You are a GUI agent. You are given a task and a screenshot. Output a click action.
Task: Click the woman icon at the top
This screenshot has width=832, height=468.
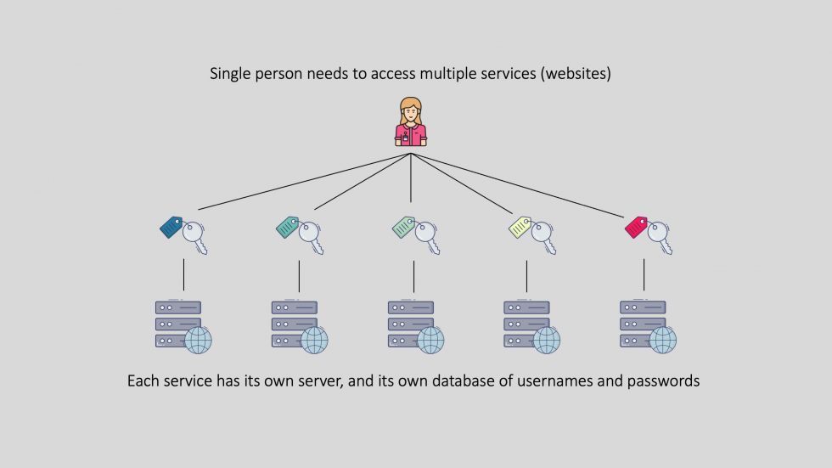[x=411, y=121]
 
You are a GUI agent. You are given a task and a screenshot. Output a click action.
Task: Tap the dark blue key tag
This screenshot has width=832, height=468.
[x=172, y=227]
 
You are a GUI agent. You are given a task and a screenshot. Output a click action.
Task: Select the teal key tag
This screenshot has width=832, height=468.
[x=289, y=227]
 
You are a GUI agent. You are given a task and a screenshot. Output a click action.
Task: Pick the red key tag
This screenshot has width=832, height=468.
[x=637, y=227]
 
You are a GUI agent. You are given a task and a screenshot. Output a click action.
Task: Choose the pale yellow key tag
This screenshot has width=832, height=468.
[x=520, y=227]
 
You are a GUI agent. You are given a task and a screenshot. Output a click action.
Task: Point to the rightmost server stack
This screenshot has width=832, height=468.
[x=643, y=324]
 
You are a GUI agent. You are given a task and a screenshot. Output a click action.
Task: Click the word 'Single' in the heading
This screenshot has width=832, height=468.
[x=232, y=75]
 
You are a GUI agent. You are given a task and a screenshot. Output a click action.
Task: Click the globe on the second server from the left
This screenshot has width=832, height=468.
[x=314, y=341]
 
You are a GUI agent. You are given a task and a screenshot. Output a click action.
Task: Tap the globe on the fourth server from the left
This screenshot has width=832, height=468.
[x=546, y=341]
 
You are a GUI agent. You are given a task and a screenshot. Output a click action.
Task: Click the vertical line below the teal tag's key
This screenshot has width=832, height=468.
[x=299, y=275]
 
